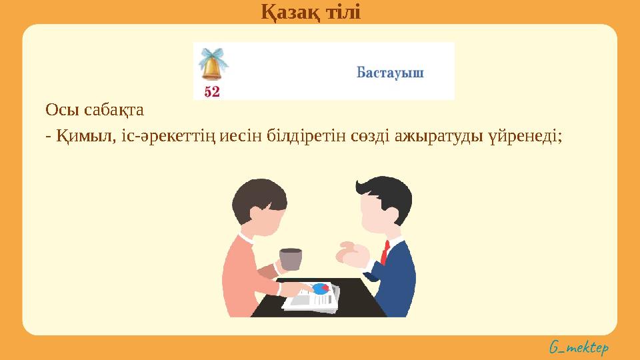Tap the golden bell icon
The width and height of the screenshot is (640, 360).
(212, 69)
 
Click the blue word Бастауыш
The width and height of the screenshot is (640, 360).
(390, 72)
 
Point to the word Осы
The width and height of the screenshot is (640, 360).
(58, 108)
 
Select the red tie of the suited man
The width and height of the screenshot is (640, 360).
(385, 253)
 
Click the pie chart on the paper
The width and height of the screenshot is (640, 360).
(321, 289)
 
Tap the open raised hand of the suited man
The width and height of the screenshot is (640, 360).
(351, 254)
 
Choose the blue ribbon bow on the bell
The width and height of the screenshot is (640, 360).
(213, 55)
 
